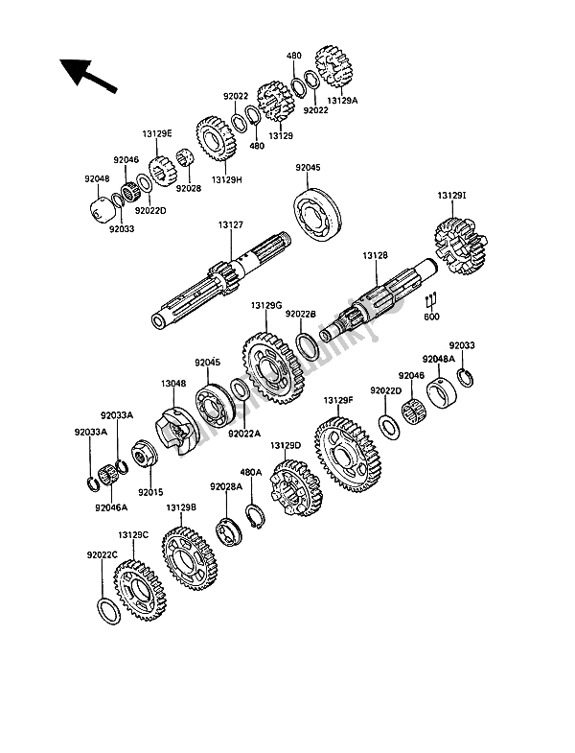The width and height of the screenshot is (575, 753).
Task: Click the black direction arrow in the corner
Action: (x=84, y=75)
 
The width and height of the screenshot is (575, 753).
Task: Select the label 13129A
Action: (x=342, y=99)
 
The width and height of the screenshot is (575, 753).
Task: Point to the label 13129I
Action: (x=453, y=197)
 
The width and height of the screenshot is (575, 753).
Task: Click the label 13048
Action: (x=173, y=383)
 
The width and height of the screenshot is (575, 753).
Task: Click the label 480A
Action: (x=250, y=473)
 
